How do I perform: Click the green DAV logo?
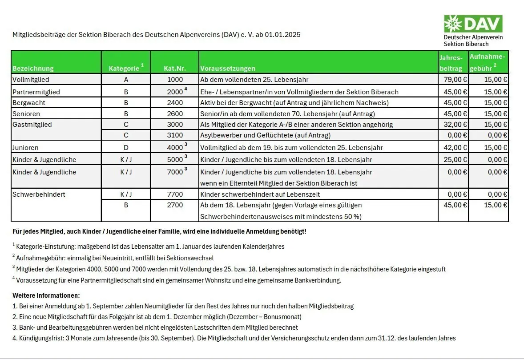(473, 24)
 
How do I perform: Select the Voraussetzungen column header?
(228, 69)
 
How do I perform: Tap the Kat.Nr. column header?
(174, 69)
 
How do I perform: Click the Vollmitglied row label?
(31, 80)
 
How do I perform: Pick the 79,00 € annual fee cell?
(453, 80)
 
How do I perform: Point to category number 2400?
(175, 103)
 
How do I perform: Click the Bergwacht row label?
(29, 103)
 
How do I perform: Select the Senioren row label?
(27, 114)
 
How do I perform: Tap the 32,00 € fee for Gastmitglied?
(453, 125)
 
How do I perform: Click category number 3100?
(175, 135)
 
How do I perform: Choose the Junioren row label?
(25, 148)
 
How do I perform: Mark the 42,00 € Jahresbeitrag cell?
(453, 148)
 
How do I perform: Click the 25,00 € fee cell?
(453, 160)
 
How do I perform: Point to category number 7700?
(175, 194)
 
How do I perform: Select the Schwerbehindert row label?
(39, 194)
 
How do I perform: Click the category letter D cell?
(126, 148)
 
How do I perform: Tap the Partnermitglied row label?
(36, 92)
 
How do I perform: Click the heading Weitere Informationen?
(46, 295)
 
